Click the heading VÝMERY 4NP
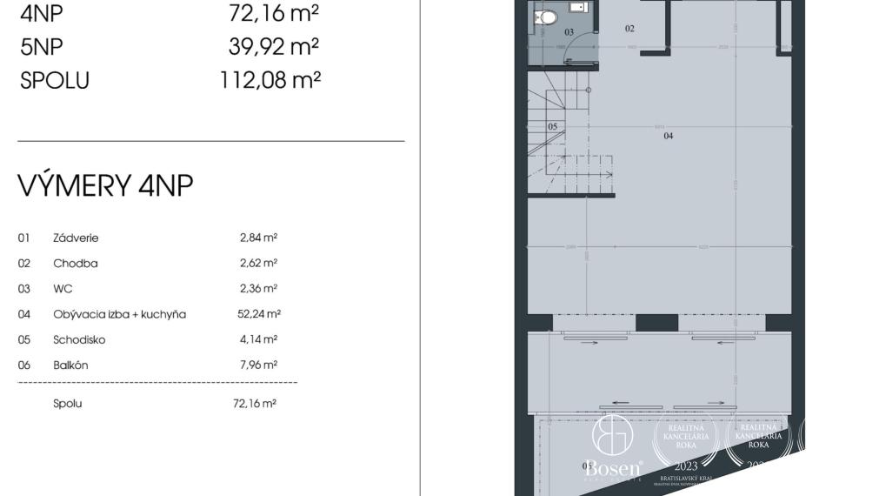(105, 185)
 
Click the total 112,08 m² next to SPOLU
(270, 80)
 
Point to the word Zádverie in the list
(76, 238)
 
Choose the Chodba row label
(76, 263)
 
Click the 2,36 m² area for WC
(258, 288)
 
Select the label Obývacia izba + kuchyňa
(119, 314)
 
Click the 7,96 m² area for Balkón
(258, 365)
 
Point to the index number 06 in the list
(24, 365)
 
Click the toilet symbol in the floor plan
(547, 17)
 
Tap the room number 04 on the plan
(669, 136)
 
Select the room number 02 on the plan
(630, 29)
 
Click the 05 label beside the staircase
(552, 126)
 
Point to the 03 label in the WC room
(569, 31)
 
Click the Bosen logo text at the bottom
(614, 467)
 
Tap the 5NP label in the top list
(42, 45)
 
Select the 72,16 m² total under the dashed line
(255, 404)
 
